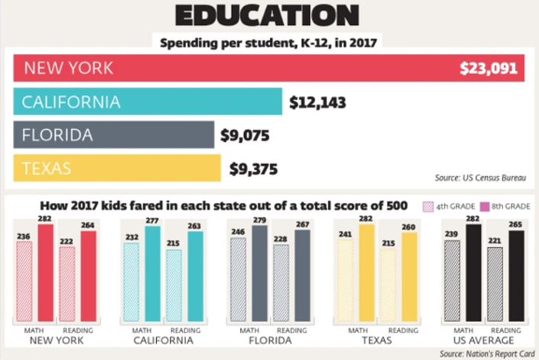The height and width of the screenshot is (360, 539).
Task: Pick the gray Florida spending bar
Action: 114,135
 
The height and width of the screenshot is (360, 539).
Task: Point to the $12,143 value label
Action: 315,101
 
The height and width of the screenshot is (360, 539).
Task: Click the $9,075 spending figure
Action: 244,136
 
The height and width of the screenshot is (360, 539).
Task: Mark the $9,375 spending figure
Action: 253,169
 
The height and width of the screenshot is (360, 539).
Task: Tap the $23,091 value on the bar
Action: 488,68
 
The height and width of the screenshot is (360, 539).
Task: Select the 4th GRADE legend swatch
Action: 428,205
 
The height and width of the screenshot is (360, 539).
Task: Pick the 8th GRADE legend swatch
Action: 477,205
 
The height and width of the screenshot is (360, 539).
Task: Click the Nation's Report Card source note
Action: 487,354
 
